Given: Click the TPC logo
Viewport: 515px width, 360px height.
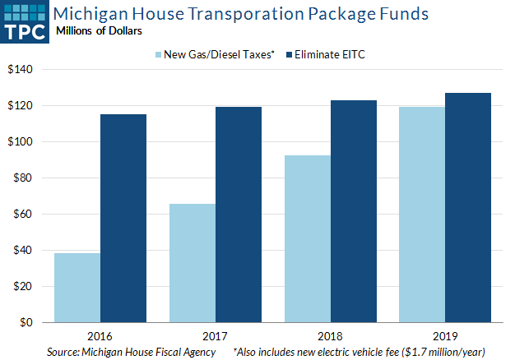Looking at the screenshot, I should pos(25,21).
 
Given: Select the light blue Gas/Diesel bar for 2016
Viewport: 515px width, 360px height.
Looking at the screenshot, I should pos(77,288).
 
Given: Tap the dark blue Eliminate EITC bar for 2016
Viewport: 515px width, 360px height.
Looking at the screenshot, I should pos(123,218).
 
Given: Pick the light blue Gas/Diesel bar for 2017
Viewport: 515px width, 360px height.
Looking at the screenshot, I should pos(193,263).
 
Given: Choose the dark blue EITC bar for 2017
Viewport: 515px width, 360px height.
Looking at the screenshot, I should pos(239,215).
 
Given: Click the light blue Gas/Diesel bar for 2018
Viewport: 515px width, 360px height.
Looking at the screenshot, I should pos(308,238).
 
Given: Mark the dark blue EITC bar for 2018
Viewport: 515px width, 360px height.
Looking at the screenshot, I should pos(354,211).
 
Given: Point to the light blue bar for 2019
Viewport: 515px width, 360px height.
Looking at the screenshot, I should pos(423,215).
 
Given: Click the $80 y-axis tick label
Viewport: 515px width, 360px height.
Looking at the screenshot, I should pos(22,178).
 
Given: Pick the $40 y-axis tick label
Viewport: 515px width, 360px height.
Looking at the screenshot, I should pos(22,251).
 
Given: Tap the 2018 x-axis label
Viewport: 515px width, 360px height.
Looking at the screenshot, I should pos(331,337).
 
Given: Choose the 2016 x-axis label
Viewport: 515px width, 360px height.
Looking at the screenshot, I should pos(100,337).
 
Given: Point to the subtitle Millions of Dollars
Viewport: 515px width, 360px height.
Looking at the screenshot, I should pos(97,30).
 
